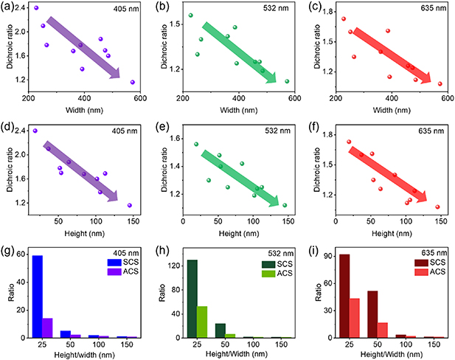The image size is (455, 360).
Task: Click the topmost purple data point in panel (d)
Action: pyautogui.click(x=35, y=131)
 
